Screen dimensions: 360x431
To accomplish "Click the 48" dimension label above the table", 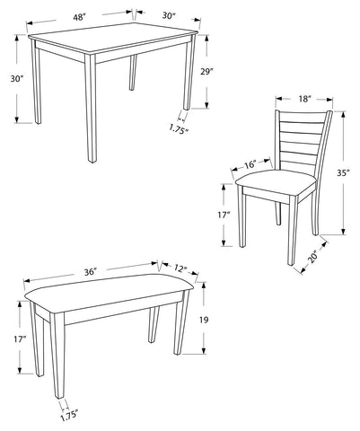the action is [79, 17].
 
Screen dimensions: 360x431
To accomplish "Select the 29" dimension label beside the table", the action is [206, 71].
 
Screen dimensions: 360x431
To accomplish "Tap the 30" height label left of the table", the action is [17, 79].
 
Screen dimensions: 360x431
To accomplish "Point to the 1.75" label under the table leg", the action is [179, 129].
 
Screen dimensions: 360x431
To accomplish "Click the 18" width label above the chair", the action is [305, 99].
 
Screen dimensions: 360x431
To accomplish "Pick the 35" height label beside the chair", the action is [343, 173].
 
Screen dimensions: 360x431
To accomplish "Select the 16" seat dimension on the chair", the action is [250, 164].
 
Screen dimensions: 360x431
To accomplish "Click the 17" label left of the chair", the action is [224, 215].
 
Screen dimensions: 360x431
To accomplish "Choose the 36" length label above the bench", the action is [91, 272].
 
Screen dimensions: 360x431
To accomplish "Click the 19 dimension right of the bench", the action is [204, 320].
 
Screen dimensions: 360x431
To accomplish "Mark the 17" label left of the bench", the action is [21, 339].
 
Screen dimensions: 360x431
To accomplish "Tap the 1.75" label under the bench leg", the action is [69, 416].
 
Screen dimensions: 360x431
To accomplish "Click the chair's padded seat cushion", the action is [276, 180].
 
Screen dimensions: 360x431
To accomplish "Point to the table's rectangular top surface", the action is [114, 37].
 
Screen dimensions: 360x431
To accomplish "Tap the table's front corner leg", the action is [91, 109].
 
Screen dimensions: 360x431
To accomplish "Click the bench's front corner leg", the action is [58, 356].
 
